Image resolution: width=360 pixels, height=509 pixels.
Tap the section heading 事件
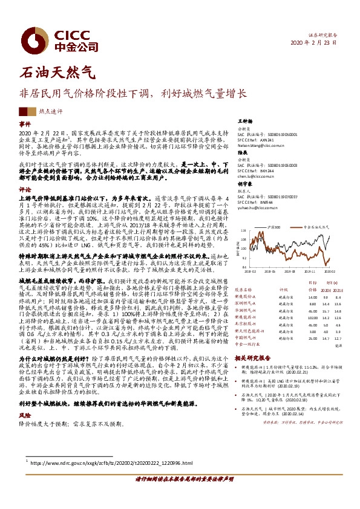(x=25, y=123)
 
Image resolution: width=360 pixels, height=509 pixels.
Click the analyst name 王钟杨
(x=244, y=122)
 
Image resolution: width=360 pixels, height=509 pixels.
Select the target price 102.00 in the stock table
(x=312, y=317)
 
